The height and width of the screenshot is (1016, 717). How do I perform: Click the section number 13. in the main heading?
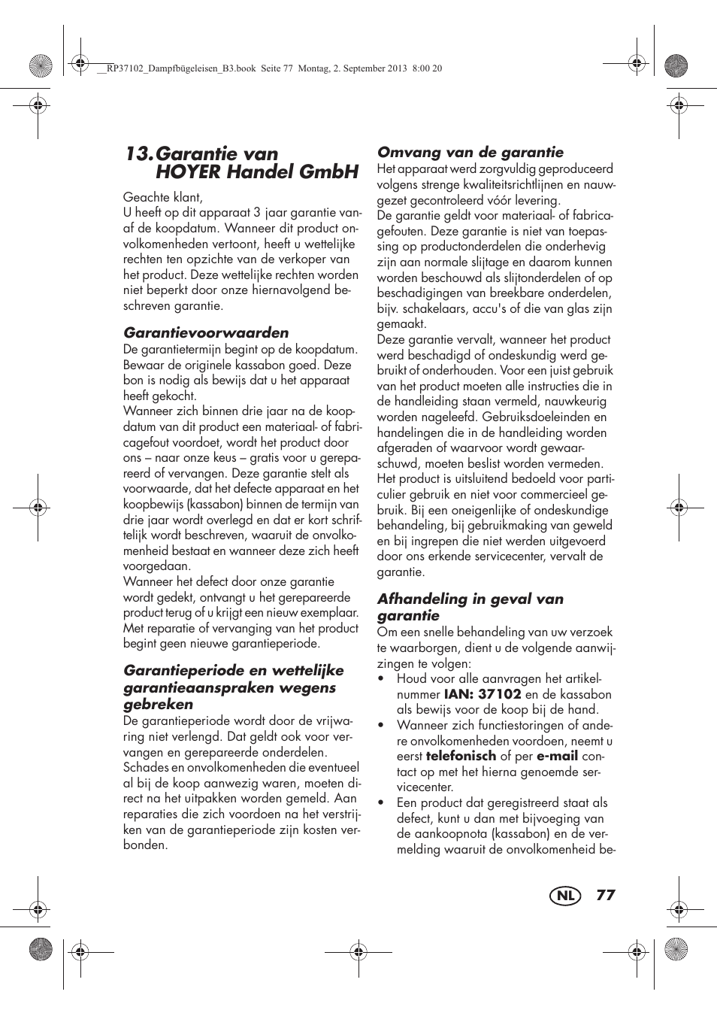[x=139, y=154]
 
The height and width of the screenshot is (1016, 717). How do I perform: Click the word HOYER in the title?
[x=188, y=172]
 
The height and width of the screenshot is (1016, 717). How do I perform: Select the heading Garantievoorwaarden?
[x=206, y=332]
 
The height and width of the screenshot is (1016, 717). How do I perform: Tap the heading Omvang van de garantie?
[x=470, y=152]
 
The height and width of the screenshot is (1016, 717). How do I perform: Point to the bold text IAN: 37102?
[x=483, y=694]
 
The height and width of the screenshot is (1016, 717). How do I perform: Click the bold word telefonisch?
[x=461, y=756]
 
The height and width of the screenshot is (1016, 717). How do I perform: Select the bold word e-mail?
[x=557, y=756]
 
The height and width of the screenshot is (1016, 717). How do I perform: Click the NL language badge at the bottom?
[x=565, y=896]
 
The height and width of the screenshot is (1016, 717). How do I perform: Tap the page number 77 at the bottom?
[x=606, y=895]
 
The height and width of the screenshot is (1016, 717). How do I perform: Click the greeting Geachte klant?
[x=163, y=197]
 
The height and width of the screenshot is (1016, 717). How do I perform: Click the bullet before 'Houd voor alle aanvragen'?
[x=382, y=679]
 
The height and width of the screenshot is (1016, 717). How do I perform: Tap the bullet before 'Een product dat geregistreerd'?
[x=382, y=803]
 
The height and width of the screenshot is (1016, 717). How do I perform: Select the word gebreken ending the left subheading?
[x=159, y=705]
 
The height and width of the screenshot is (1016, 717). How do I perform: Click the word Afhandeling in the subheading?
[x=422, y=599]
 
